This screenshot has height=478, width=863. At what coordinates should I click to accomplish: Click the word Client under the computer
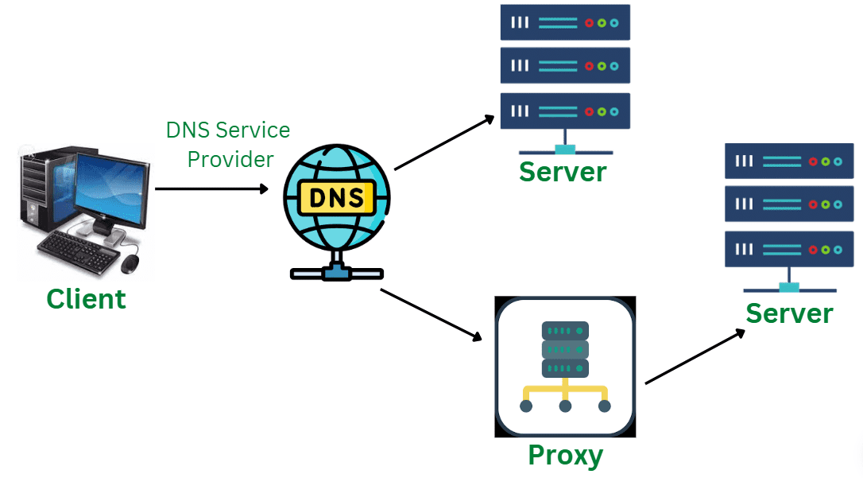tap(86, 299)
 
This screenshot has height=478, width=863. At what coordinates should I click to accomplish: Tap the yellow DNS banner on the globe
tap(336, 197)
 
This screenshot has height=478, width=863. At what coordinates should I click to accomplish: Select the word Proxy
tap(565, 456)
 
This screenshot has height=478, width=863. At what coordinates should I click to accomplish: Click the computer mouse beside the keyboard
tap(130, 262)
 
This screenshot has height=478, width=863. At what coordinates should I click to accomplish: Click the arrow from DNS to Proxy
tap(431, 315)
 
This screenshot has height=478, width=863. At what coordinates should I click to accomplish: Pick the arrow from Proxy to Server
tap(695, 357)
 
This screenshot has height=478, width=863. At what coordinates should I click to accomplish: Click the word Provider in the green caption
tap(230, 159)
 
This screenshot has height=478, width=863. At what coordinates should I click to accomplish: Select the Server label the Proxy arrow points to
tap(788, 313)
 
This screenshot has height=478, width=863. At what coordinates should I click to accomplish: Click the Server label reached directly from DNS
tap(563, 171)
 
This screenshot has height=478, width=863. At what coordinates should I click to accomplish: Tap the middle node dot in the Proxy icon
tap(565, 406)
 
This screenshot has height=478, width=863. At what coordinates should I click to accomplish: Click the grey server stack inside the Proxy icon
tap(565, 349)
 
